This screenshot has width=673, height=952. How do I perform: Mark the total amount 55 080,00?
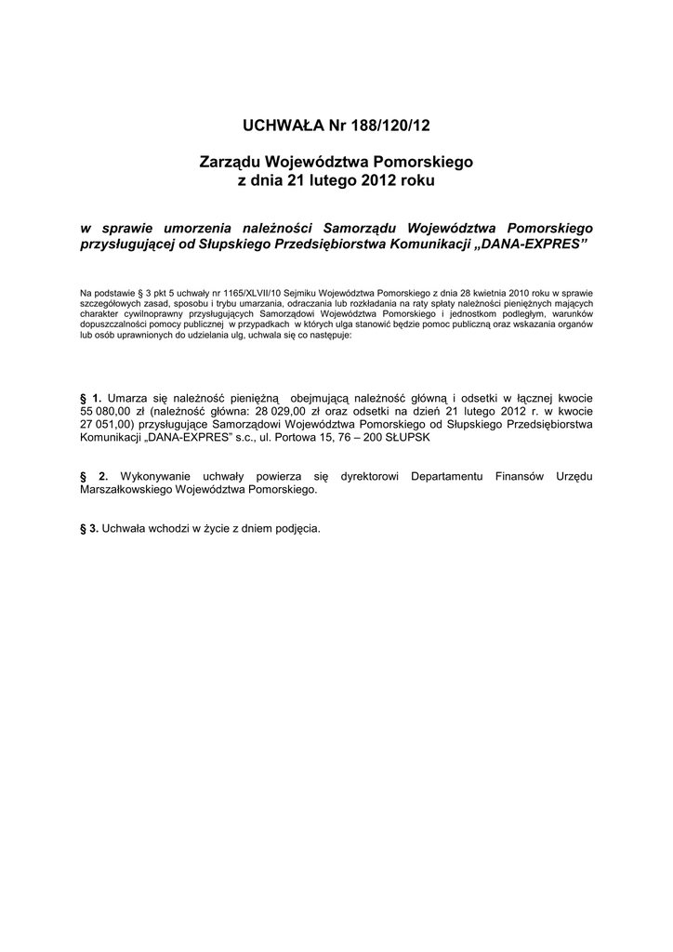pos(110,411)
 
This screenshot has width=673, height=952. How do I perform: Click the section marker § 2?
pos(95,477)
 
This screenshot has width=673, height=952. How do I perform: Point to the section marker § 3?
pos(90,528)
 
